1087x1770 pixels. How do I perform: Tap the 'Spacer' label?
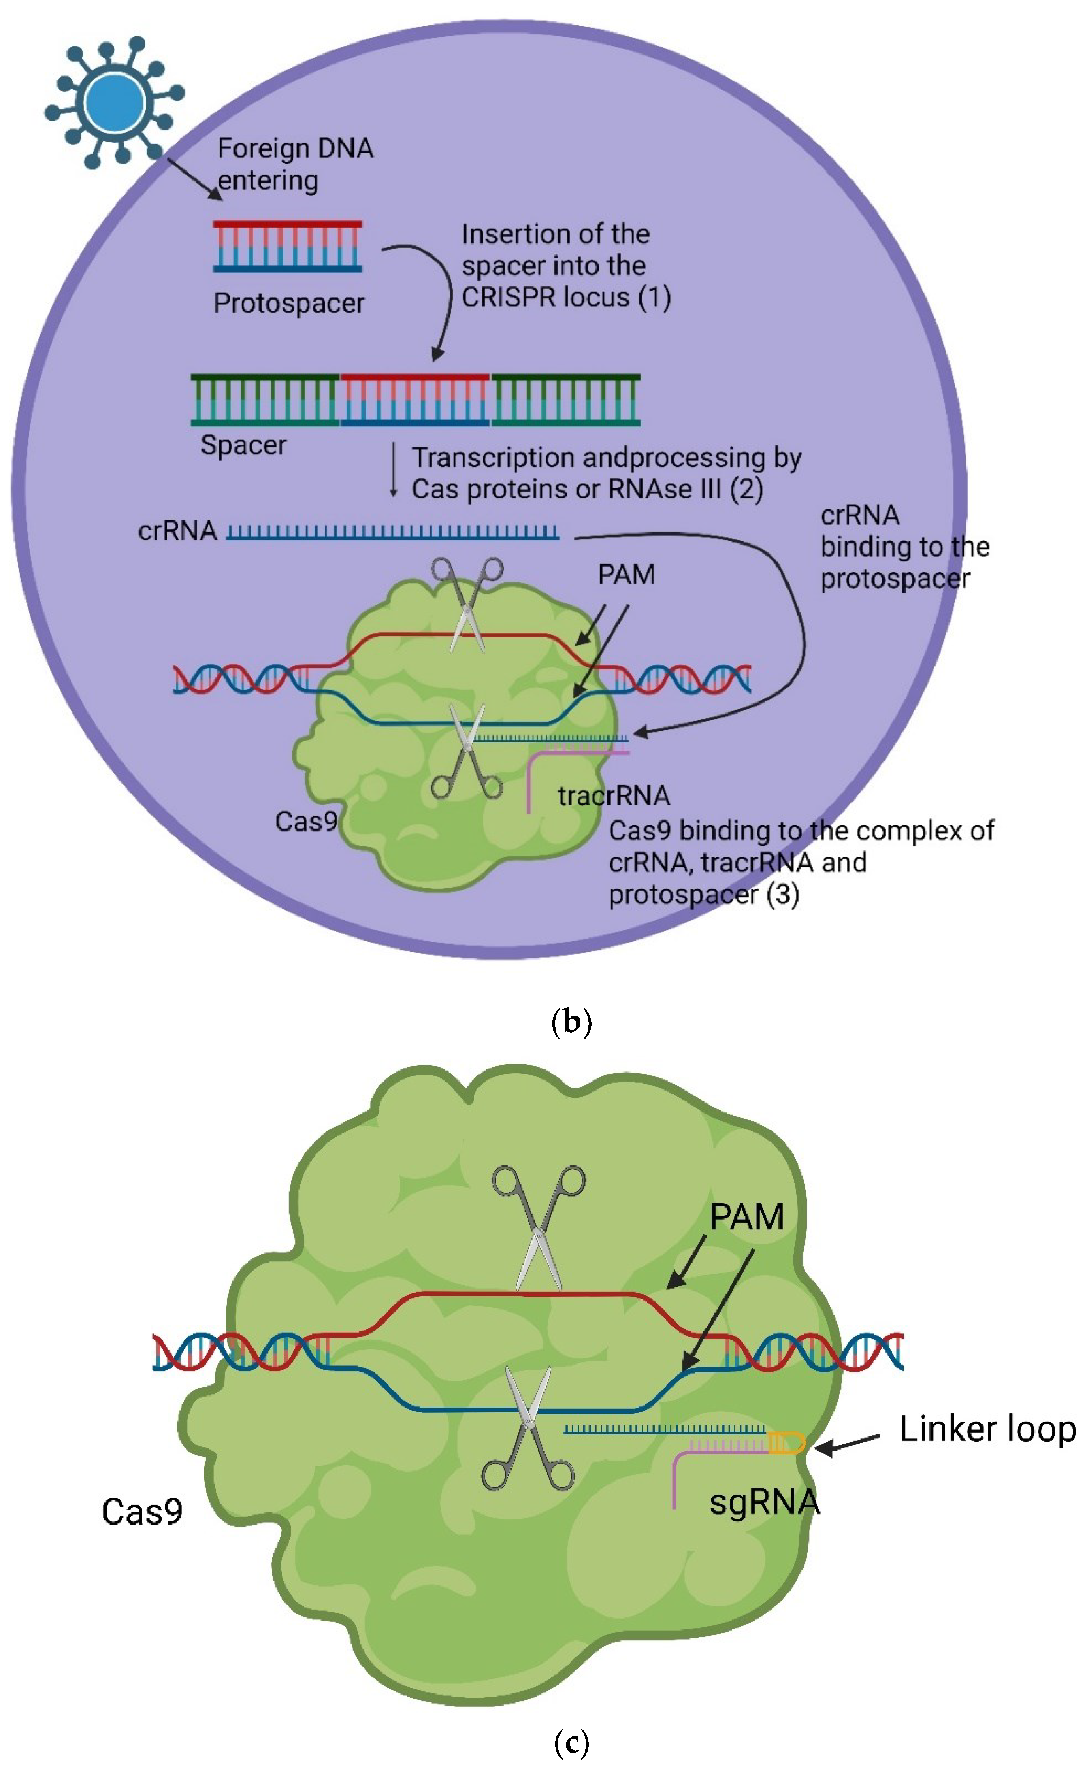(243, 445)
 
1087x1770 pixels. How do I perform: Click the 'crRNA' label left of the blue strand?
(177, 531)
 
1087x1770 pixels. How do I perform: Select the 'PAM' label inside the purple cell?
(626, 575)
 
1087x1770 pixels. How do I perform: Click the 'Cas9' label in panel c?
(142, 1512)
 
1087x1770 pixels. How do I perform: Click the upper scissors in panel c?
(539, 1229)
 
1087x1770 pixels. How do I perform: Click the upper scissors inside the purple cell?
(467, 604)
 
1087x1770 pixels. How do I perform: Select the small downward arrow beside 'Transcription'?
(393, 471)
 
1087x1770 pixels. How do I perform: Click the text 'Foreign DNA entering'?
(295, 164)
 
